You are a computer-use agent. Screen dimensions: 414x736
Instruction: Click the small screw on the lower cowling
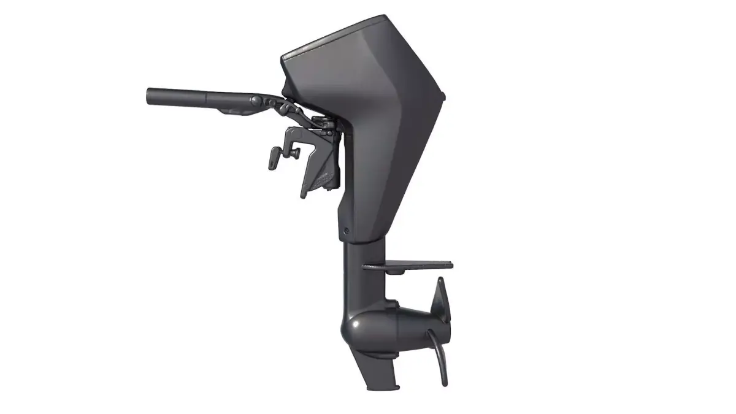pos(347,231)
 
